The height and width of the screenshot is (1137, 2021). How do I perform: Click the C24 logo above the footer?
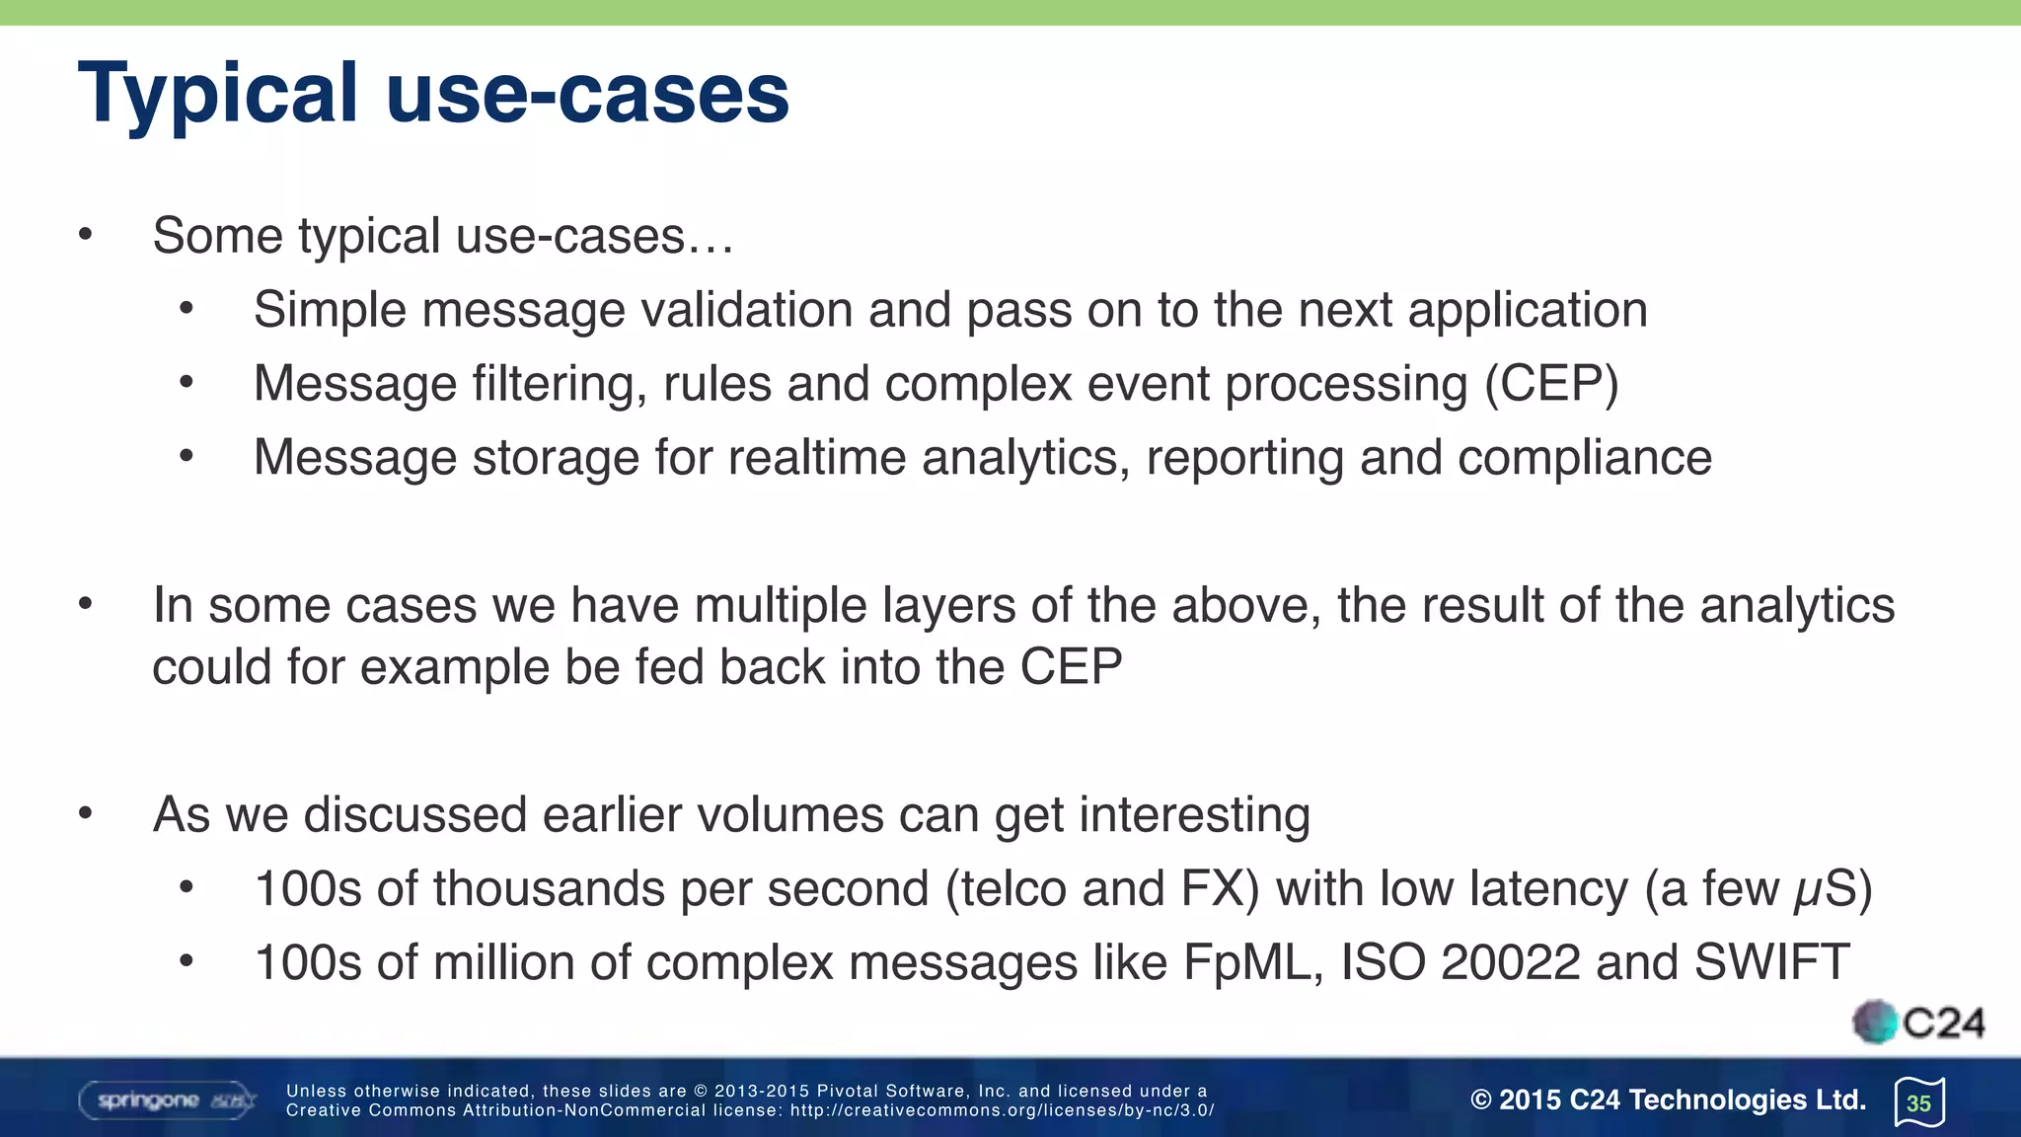1918,1023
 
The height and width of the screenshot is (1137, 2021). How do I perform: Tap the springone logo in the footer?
166,1100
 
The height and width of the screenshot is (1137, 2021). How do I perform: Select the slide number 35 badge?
1918,1102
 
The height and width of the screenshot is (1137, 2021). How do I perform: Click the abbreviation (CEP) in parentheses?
1551,384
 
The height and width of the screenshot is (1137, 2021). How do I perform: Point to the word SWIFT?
1771,962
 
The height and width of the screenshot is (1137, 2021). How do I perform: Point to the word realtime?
816,458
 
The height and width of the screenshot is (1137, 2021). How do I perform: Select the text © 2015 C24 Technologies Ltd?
1668,1099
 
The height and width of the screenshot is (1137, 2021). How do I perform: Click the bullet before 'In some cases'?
86,604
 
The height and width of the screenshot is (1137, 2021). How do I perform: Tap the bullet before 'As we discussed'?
86,814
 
